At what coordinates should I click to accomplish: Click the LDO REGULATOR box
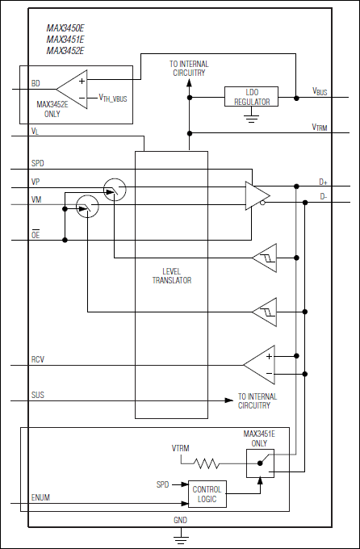(250, 97)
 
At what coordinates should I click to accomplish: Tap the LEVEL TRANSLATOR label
(171, 275)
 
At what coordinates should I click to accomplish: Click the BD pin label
(36, 83)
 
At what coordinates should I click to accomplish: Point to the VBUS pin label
(320, 91)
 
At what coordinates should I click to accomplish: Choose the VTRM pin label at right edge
(320, 127)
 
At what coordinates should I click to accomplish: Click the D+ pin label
(323, 182)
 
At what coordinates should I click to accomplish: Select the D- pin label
(323, 195)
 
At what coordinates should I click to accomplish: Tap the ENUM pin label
(40, 498)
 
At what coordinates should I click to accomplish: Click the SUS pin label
(37, 395)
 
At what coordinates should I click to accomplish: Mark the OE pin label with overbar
(35, 233)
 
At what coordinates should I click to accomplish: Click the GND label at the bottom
(180, 521)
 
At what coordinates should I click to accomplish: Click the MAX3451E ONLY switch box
(260, 463)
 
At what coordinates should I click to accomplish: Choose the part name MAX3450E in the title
(65, 28)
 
